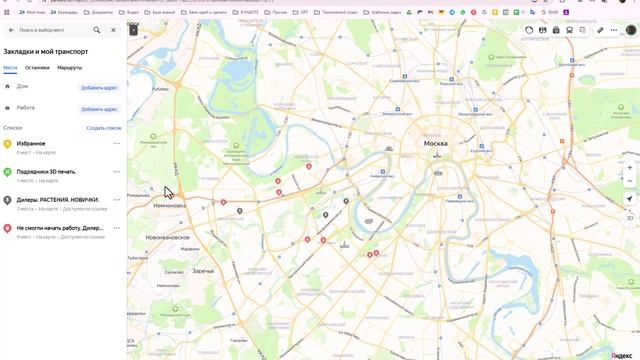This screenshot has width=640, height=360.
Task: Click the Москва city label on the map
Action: pyautogui.click(x=436, y=144)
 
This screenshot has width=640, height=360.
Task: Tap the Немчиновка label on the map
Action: pyautogui.click(x=170, y=205)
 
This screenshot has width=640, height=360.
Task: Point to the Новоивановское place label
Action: pyautogui.click(x=167, y=237)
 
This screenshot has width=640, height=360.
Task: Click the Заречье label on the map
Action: pyautogui.click(x=203, y=271)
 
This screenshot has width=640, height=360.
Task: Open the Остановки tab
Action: pyautogui.click(x=37, y=67)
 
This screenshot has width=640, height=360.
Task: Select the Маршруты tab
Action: pyautogui.click(x=70, y=67)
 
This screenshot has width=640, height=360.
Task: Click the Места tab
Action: pyautogui.click(x=10, y=67)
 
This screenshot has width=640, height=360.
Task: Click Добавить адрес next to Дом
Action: pyautogui.click(x=99, y=87)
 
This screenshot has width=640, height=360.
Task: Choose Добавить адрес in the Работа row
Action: pyautogui.click(x=99, y=108)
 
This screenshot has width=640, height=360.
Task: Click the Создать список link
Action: pyautogui.click(x=104, y=128)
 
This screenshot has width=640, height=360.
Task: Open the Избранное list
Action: pyautogui.click(x=31, y=143)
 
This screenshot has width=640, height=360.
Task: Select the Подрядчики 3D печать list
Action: pyautogui.click(x=47, y=171)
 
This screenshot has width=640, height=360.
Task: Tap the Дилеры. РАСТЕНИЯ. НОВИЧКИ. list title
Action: pyautogui.click(x=57, y=199)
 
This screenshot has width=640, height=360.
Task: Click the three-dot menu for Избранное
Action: pyautogui.click(x=116, y=144)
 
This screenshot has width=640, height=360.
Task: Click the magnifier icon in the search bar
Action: pyautogui.click(x=97, y=30)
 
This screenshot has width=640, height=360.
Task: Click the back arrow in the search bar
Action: pyautogui.click(x=11, y=30)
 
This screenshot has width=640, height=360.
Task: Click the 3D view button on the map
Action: pyautogui.click(x=630, y=217)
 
